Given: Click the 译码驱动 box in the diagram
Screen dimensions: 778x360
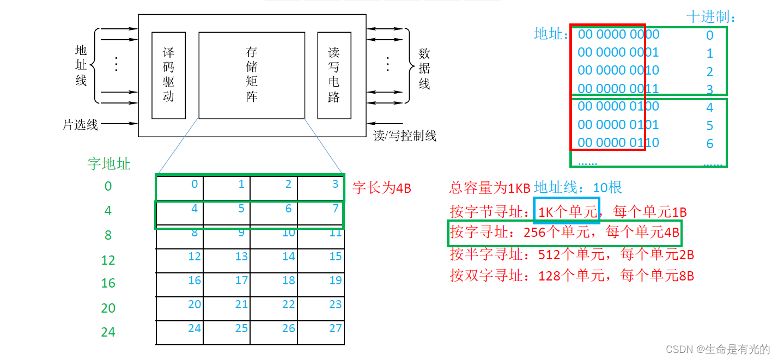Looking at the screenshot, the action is pyautogui.click(x=168, y=75).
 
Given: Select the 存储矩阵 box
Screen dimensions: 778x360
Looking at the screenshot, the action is pyautogui.click(x=251, y=75).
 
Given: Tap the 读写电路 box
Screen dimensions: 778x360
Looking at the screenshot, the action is pyautogui.click(x=334, y=75).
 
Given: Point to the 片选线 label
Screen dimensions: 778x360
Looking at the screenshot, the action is pyautogui.click(x=80, y=125).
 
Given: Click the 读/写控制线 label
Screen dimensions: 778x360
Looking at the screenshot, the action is pyautogui.click(x=405, y=136).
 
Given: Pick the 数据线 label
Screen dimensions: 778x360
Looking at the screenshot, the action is pyautogui.click(x=424, y=69).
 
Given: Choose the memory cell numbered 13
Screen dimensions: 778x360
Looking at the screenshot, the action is pyautogui.click(x=227, y=260).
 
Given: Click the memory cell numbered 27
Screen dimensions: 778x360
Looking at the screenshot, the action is pyautogui.click(x=321, y=332).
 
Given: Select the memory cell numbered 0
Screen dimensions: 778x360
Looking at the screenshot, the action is pyautogui.click(x=180, y=188).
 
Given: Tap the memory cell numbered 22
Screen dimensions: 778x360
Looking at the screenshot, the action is pyautogui.click(x=274, y=308).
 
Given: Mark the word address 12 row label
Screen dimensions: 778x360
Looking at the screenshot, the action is pyautogui.click(x=108, y=260).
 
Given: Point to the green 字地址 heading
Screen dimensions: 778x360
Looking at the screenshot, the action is pyautogui.click(x=109, y=163).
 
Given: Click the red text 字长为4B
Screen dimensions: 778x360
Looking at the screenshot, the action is pyautogui.click(x=382, y=188).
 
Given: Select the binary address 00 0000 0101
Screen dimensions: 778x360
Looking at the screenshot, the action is pyautogui.click(x=618, y=125).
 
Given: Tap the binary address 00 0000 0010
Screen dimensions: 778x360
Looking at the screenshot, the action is pyautogui.click(x=618, y=70).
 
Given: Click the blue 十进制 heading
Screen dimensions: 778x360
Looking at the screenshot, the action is pyautogui.click(x=712, y=17).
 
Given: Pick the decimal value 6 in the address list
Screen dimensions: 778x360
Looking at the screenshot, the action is pyautogui.click(x=710, y=144).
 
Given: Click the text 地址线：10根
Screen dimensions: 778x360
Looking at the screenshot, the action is pyautogui.click(x=578, y=188).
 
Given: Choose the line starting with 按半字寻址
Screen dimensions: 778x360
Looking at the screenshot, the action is pyautogui.click(x=572, y=254).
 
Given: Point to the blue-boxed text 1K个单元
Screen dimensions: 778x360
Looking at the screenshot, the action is pyautogui.click(x=566, y=211).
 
